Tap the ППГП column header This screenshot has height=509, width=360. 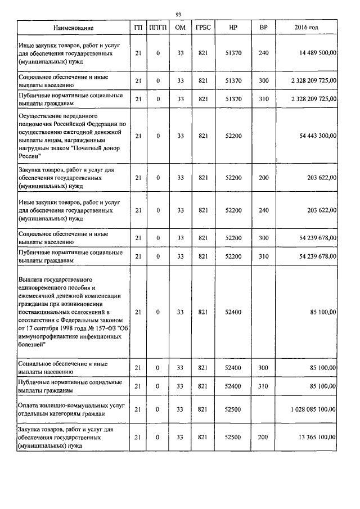(x=158, y=28)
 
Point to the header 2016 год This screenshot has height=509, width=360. (x=306, y=28)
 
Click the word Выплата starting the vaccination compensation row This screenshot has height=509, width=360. (x=33, y=279)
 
